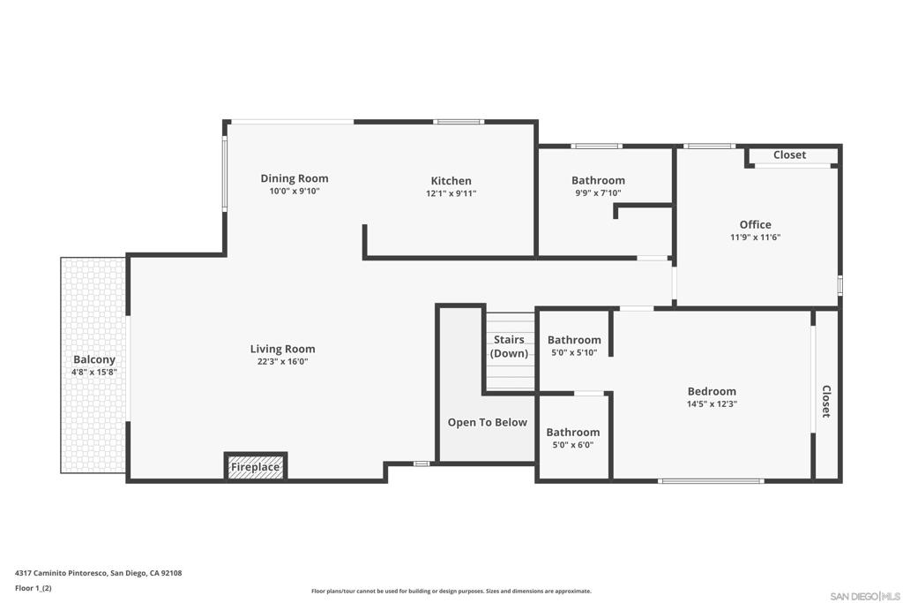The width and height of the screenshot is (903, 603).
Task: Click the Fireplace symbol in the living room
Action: (255, 466)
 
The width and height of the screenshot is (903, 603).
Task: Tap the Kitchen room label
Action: (451, 181)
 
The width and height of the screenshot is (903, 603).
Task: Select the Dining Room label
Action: (295, 178)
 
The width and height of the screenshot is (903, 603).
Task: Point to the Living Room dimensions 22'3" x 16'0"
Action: (283, 362)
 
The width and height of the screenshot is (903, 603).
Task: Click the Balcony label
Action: (94, 359)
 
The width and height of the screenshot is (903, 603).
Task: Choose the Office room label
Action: (756, 225)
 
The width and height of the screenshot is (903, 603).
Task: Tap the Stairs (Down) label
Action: (509, 346)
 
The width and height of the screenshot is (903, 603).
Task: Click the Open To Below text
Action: (487, 423)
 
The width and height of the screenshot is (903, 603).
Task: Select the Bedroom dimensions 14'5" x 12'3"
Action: (712, 404)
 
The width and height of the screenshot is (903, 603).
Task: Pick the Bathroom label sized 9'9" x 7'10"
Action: (599, 180)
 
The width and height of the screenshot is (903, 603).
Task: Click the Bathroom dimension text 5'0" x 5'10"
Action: (574, 353)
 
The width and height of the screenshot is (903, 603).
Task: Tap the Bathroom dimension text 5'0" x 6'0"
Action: (573, 445)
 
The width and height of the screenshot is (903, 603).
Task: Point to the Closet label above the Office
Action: (789, 155)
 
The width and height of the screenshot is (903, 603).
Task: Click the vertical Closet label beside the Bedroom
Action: (825, 401)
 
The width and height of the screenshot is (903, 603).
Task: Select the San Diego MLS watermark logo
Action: (865, 596)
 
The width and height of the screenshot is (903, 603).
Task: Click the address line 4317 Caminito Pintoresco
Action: (99, 573)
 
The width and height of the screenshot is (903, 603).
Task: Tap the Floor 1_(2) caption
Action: (34, 588)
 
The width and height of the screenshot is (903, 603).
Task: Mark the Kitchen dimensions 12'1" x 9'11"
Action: (451, 193)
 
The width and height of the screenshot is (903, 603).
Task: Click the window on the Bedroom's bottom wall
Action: (712, 481)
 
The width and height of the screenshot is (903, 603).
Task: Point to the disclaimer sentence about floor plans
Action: (451, 591)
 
